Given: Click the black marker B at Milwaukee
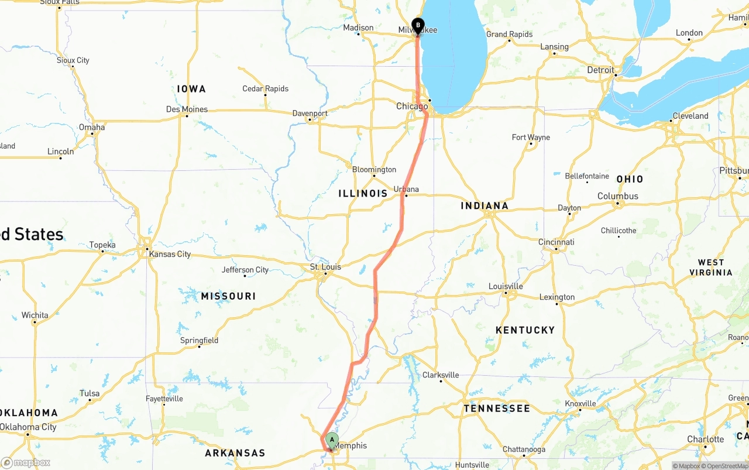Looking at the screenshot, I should point(418,25).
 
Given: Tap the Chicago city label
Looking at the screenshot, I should point(412,106).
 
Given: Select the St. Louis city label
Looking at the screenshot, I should point(325,267).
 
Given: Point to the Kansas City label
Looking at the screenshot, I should point(170,254).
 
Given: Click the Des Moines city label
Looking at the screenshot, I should point(187,109).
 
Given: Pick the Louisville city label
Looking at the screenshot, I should point(506,286).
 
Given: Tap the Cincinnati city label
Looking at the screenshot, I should point(556,242).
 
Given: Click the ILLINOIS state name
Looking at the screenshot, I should point(363,193).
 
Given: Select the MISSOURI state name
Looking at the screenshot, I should point(228,296).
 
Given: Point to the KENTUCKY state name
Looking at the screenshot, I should point(525,330).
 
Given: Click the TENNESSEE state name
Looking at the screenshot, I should point(497,409).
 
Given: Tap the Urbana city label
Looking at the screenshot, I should point(406,189).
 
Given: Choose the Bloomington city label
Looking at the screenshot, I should point(374,170).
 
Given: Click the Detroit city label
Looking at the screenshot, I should point(601,70).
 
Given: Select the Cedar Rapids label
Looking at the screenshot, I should point(265,89).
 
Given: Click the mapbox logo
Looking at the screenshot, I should point(26,462).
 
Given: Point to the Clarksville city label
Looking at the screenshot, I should point(441,375).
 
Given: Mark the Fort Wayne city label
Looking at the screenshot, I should point(531,138).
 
